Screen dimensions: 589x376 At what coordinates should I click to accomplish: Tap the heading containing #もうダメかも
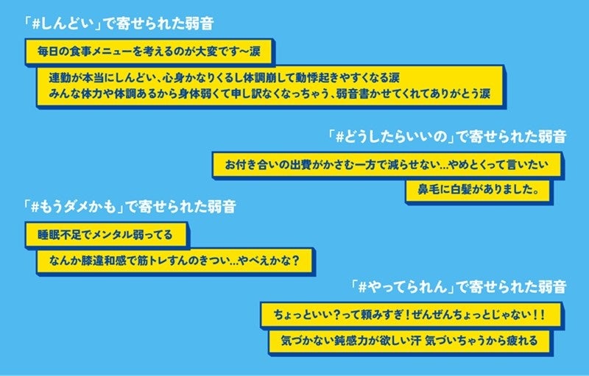click(130, 207)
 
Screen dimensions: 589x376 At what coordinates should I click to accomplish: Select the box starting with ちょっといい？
click(412, 315)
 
